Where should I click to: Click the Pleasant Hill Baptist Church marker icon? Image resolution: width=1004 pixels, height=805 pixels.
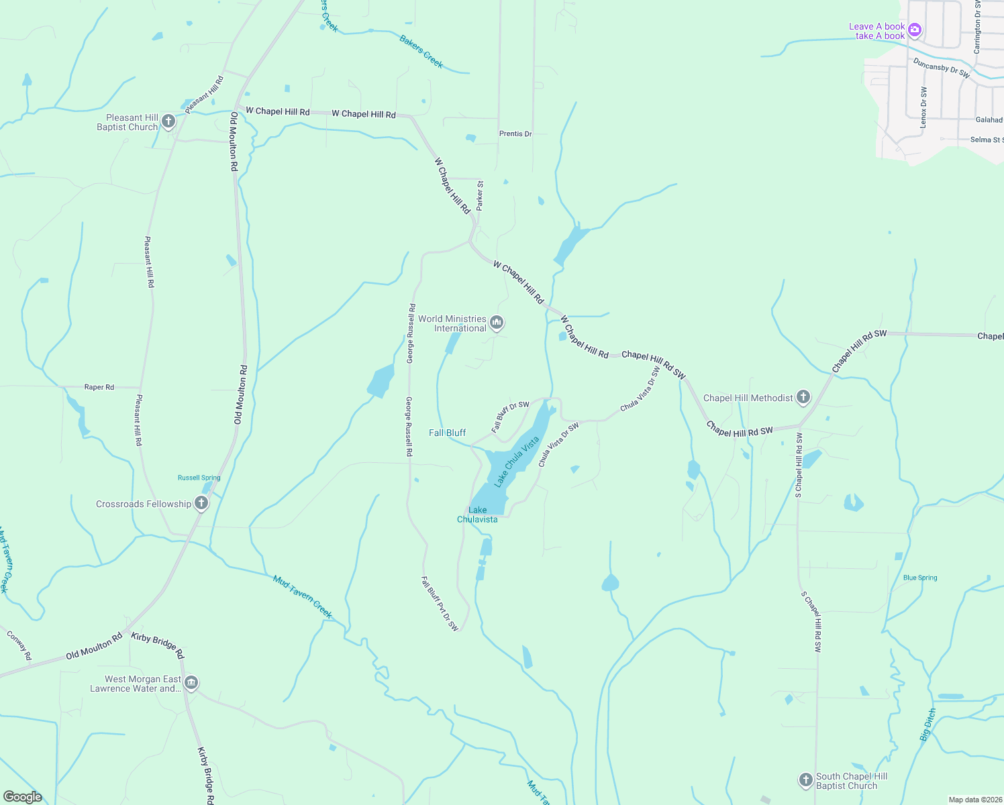click(x=168, y=121)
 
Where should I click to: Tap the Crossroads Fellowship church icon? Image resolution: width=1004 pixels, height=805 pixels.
click(x=201, y=504)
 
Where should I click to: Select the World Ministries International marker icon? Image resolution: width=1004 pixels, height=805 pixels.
click(x=497, y=323)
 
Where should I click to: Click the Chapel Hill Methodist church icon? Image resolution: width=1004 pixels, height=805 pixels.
click(x=803, y=397)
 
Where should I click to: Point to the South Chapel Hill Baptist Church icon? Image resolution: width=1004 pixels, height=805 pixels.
click(x=805, y=780)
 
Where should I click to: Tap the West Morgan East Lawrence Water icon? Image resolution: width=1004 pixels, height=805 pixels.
click(x=191, y=683)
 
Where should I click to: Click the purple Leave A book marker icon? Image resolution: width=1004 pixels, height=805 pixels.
click(x=914, y=31)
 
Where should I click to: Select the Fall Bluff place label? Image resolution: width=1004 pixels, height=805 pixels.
click(x=447, y=433)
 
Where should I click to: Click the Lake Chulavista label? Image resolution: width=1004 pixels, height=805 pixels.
click(x=477, y=515)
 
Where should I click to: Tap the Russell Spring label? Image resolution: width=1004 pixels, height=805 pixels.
click(x=199, y=478)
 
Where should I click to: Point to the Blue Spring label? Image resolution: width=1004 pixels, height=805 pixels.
click(x=920, y=578)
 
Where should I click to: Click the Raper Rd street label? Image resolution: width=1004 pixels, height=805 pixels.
click(x=99, y=387)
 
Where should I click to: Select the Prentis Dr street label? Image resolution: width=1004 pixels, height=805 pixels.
click(x=515, y=133)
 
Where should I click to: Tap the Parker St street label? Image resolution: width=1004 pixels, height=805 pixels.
click(x=480, y=195)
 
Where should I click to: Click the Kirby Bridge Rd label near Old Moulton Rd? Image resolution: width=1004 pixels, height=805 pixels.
click(x=158, y=645)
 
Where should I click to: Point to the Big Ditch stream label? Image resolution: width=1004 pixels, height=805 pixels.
click(x=927, y=724)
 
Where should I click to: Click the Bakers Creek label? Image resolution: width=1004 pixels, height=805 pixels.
click(x=421, y=52)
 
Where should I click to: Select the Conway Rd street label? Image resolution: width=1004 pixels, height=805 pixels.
click(x=19, y=645)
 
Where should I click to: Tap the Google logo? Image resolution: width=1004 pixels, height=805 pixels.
click(x=22, y=796)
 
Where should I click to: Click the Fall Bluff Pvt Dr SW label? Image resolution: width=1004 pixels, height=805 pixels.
click(x=440, y=604)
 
